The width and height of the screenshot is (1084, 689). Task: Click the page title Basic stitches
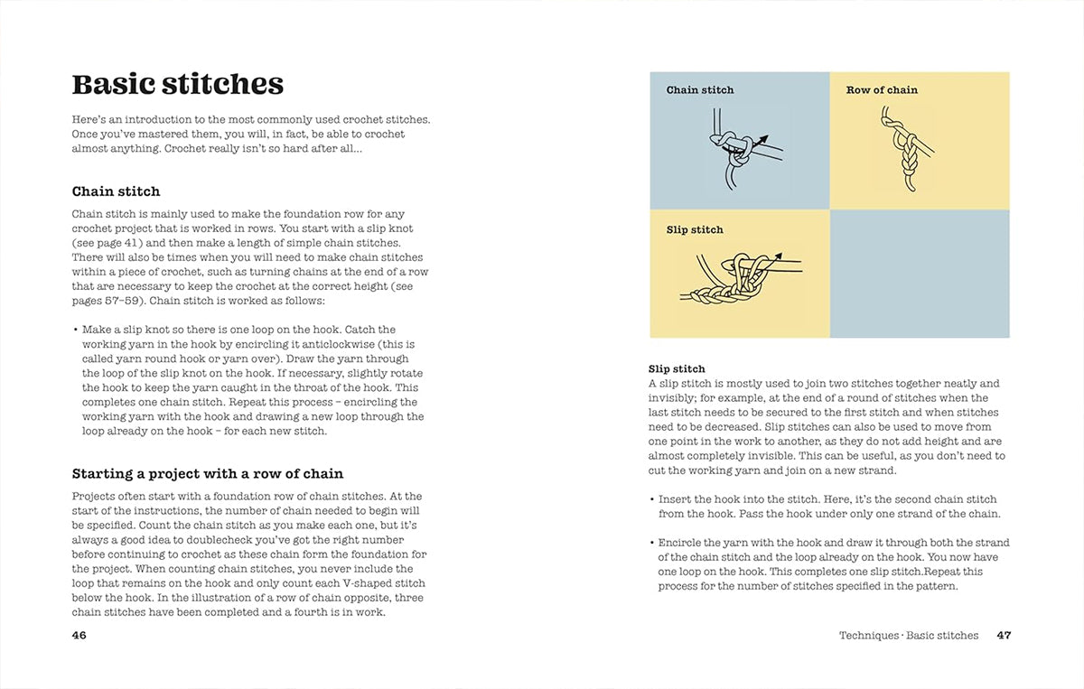pyautogui.click(x=177, y=84)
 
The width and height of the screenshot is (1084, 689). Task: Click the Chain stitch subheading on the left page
pyautogui.click(x=116, y=191)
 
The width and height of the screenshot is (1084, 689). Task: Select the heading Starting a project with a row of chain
pyautogui.click(x=207, y=473)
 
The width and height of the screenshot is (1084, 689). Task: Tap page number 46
pyautogui.click(x=79, y=635)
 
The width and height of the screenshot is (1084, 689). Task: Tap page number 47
pyautogui.click(x=1004, y=635)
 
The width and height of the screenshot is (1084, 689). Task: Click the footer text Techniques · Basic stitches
pyautogui.click(x=908, y=635)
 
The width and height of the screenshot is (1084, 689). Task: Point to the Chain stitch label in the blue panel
pyautogui.click(x=700, y=90)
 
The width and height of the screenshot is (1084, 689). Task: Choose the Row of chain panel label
pyautogui.click(x=882, y=90)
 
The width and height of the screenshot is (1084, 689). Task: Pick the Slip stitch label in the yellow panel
pyautogui.click(x=695, y=230)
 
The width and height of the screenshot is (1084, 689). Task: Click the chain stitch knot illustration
pyautogui.click(x=736, y=154)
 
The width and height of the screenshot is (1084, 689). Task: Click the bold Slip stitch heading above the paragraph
pyautogui.click(x=677, y=369)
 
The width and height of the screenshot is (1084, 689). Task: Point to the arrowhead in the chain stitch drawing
pyautogui.click(x=762, y=140)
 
